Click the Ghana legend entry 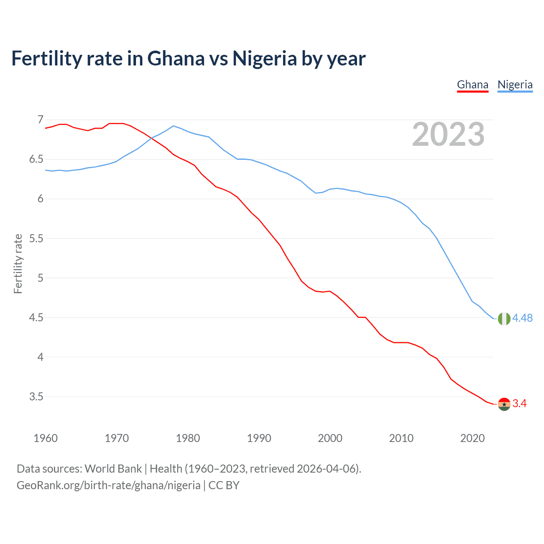473,85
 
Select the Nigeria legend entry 515,85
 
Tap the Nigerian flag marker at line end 504,318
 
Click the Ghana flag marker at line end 504,404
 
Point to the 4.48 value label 522,318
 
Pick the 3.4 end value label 519,403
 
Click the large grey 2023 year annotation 448,134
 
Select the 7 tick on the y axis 40,119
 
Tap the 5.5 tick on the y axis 37,238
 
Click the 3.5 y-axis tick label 37,397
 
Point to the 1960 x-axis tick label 45,438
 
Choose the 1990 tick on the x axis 259,438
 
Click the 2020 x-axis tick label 472,438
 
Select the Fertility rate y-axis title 18,263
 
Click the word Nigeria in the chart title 264,58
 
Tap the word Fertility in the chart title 46,58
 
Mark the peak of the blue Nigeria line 173,126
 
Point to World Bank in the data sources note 113,468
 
